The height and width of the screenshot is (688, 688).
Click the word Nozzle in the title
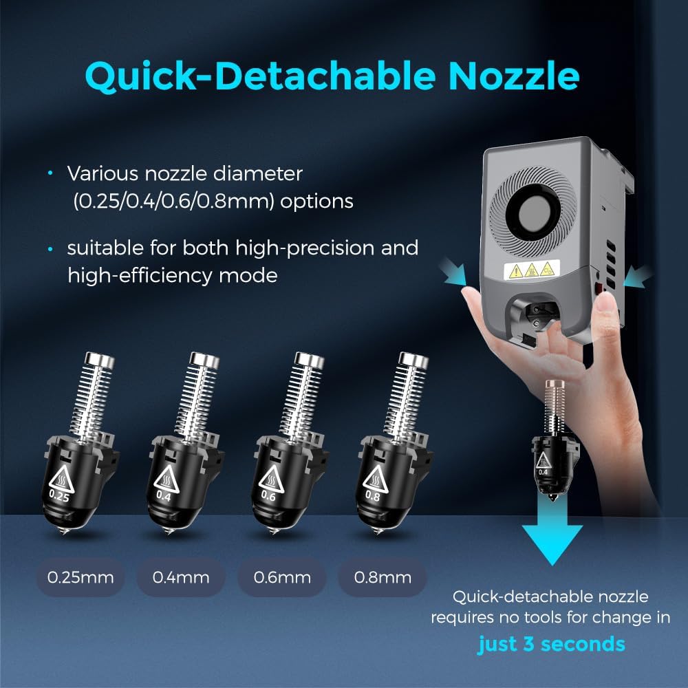pos(513,76)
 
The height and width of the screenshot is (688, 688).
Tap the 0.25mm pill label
pos(80,577)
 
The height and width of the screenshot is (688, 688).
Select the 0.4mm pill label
pos(181,577)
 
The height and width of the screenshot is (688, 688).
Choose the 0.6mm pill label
pos(281,577)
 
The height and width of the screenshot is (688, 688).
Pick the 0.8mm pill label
pos(383,577)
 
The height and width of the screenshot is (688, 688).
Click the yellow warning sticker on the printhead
pos(532,270)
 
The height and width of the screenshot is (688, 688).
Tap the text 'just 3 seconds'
pos(551,644)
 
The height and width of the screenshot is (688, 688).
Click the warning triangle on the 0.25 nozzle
pos(61,479)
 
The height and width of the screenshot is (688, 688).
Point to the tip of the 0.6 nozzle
pos(275,533)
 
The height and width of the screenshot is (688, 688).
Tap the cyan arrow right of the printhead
pos(638,277)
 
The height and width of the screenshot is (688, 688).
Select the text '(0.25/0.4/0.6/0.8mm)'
pos(174,202)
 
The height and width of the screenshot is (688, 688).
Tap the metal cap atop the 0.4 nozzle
pos(204,360)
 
